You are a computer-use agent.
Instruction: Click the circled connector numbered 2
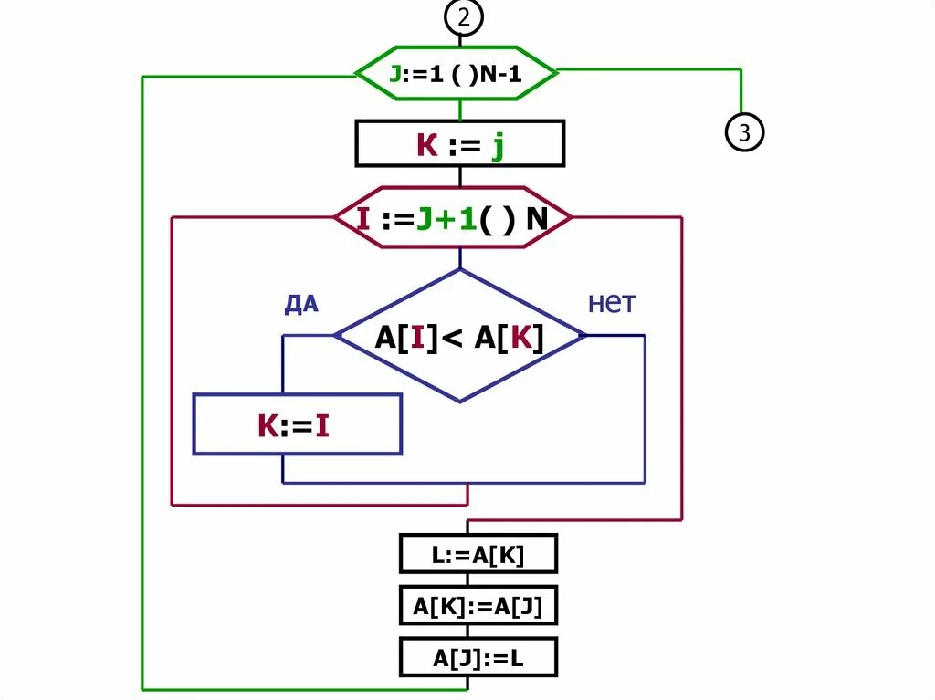(x=463, y=16)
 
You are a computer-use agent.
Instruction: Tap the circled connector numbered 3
(x=744, y=133)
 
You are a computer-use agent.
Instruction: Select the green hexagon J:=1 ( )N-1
(x=456, y=73)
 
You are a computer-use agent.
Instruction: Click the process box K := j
(x=459, y=145)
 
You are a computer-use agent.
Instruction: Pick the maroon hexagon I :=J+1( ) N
(x=452, y=218)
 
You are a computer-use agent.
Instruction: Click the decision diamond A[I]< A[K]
(x=460, y=337)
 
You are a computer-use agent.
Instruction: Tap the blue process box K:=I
(x=297, y=424)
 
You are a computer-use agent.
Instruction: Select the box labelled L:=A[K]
(x=478, y=554)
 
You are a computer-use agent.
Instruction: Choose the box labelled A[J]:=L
(x=478, y=656)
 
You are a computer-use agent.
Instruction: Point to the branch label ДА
(x=301, y=304)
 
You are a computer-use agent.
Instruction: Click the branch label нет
(x=611, y=302)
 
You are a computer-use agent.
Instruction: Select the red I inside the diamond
(x=415, y=338)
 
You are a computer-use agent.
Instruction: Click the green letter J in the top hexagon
(x=394, y=74)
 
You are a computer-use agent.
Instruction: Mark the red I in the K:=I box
(x=322, y=425)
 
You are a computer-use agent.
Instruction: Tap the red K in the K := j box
(x=427, y=145)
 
